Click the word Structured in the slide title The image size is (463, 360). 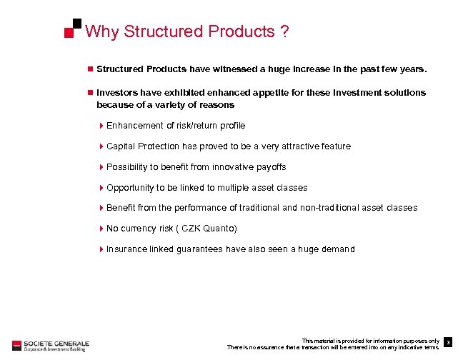tap(163, 31)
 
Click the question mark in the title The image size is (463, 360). tap(284, 31)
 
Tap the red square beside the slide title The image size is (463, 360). tap(69, 32)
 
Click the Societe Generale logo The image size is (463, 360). tap(49, 344)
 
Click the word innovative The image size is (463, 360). tap(231, 167)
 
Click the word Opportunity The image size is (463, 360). tap(131, 188)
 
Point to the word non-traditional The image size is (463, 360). tap(329, 208)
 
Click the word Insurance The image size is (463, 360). tap(126, 249)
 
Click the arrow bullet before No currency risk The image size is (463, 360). tap(101, 229)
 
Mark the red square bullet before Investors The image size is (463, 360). tap(90, 93)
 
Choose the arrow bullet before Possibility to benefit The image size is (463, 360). tap(101, 167)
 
